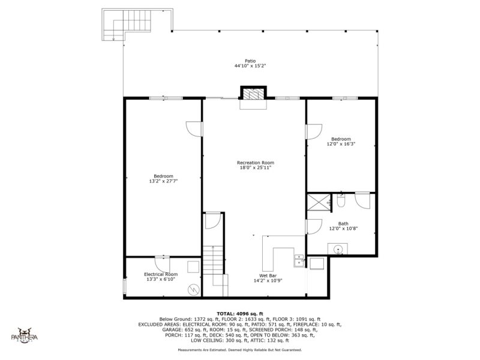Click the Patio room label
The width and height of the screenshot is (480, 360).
point(250,61)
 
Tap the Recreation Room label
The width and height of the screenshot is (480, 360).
point(256,163)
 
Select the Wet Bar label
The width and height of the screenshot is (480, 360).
point(268,276)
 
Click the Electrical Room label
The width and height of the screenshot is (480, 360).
point(161,274)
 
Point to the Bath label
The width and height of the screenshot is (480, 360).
point(343,224)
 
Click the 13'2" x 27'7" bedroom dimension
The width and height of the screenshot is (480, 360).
point(163,181)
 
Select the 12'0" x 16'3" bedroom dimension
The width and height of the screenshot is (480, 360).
point(341,144)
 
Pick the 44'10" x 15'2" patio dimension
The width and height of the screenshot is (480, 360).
point(250,66)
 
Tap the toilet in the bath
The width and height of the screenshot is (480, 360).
point(341,200)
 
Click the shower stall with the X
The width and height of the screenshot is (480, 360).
point(319,202)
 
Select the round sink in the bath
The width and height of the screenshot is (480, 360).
point(338,249)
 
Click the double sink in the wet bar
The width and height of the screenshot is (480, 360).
point(299,261)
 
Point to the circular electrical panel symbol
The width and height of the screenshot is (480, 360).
point(194,289)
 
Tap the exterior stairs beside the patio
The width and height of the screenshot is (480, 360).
point(127,24)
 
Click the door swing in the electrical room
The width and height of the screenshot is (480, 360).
point(162,264)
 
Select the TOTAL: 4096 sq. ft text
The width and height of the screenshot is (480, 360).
point(239,314)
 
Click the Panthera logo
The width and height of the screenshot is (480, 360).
point(25,335)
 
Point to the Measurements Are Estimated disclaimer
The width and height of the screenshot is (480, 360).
point(239,350)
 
